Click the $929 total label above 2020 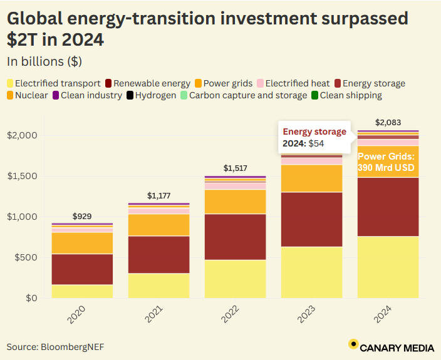tap(82, 217)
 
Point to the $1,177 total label tap(159, 196)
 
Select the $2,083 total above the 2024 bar tap(388, 122)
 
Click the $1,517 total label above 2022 tap(236, 168)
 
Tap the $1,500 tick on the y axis tap(23, 177)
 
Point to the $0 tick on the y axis tap(31, 299)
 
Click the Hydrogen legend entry tap(151, 96)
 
